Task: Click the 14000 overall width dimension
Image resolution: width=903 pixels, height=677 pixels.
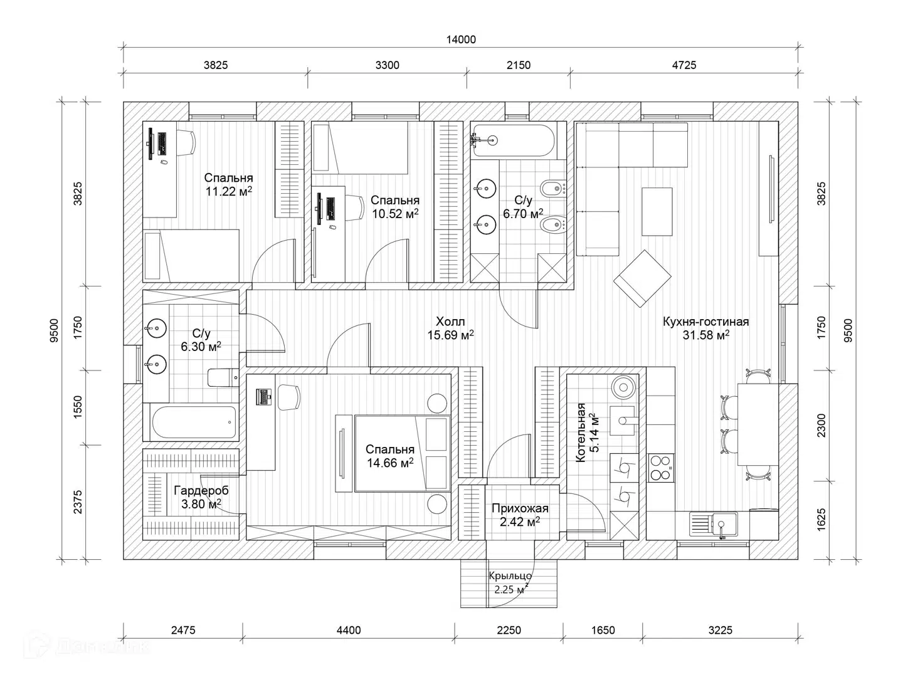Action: pos(461,39)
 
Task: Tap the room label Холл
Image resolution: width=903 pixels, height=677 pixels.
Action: pos(450,321)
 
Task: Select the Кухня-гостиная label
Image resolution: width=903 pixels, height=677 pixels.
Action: pos(705,322)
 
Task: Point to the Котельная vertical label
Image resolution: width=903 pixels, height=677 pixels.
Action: pos(580,433)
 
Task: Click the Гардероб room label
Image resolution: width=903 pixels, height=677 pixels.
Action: pos(201,490)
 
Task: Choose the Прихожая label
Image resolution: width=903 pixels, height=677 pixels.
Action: pos(520,508)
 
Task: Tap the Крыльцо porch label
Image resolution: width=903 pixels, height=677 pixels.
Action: pos(510,576)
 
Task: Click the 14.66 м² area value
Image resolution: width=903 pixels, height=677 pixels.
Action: pos(390,463)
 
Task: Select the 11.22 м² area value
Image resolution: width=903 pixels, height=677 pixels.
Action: pos(229,191)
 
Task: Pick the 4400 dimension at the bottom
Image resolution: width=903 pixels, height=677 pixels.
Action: pos(349,630)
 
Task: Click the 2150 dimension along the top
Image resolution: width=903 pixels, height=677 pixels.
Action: pos(519,65)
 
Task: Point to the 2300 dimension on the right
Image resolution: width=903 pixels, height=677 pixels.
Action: pos(821,426)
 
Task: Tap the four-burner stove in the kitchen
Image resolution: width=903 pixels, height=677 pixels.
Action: pos(661,468)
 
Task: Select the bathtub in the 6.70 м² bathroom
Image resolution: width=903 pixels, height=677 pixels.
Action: pos(514,140)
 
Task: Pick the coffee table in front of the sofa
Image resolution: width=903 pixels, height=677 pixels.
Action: pos(657,212)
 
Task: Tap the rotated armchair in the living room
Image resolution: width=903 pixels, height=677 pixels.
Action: pos(642,278)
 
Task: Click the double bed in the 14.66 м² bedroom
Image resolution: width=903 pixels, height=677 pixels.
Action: pos(403,453)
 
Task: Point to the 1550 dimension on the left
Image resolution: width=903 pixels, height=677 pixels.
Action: pos(77,407)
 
